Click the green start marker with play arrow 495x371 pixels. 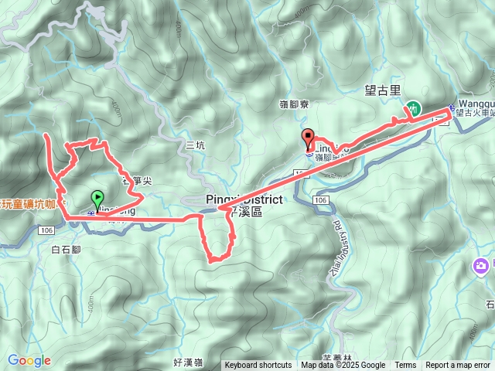pyautogui.click(x=97, y=199)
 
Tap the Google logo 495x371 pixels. pyautogui.click(x=29, y=360)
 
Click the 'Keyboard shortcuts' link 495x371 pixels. pyautogui.click(x=258, y=366)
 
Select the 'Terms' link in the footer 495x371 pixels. pyautogui.click(x=405, y=366)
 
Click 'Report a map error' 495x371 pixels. pyautogui.click(x=459, y=366)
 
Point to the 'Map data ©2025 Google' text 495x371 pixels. pyautogui.click(x=343, y=366)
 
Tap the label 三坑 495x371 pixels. pyautogui.click(x=196, y=145)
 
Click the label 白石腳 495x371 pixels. pyautogui.click(x=66, y=249)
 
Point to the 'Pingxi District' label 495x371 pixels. pyautogui.click(x=244, y=200)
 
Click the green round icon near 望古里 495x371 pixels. pyautogui.click(x=414, y=109)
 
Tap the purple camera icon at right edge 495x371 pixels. pyautogui.click(x=481, y=267)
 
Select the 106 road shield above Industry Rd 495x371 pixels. pyautogui.click(x=321, y=199)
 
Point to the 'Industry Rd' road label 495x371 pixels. pyautogui.click(x=340, y=247)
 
